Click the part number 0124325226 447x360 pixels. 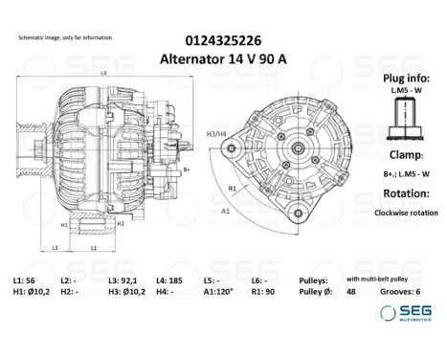pos(223,40)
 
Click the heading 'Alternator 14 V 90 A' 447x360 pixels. pos(223,57)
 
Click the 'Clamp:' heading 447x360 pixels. pos(402,153)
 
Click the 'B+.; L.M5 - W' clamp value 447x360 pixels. pos(403,172)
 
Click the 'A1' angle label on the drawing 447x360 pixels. pos(226,206)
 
